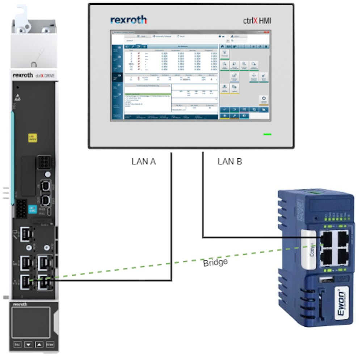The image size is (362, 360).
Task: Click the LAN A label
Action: (x=144, y=162)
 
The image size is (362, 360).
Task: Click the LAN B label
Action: (x=230, y=162)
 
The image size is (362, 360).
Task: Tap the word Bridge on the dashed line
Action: (x=215, y=262)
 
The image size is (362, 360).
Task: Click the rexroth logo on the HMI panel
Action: (x=129, y=20)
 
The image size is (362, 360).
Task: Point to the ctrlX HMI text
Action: (x=257, y=21)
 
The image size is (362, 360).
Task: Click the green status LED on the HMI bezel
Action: (x=268, y=134)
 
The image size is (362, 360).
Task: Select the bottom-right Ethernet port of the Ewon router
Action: (x=340, y=257)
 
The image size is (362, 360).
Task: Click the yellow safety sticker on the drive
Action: (x=33, y=137)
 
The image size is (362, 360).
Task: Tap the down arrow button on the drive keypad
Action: (x=28, y=344)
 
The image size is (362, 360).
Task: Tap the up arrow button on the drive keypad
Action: (x=39, y=344)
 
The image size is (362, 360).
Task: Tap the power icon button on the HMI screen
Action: (x=264, y=99)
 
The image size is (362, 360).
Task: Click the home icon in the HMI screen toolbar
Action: (x=223, y=46)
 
